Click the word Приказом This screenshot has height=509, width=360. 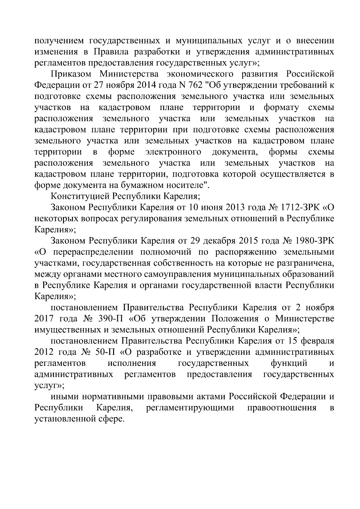tap(70, 74)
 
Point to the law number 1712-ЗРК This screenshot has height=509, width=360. tap(302, 208)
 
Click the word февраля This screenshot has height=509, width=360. tap(318, 341)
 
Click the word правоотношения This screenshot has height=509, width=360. tap(281, 408)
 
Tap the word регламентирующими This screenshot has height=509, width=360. tap(190, 408)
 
